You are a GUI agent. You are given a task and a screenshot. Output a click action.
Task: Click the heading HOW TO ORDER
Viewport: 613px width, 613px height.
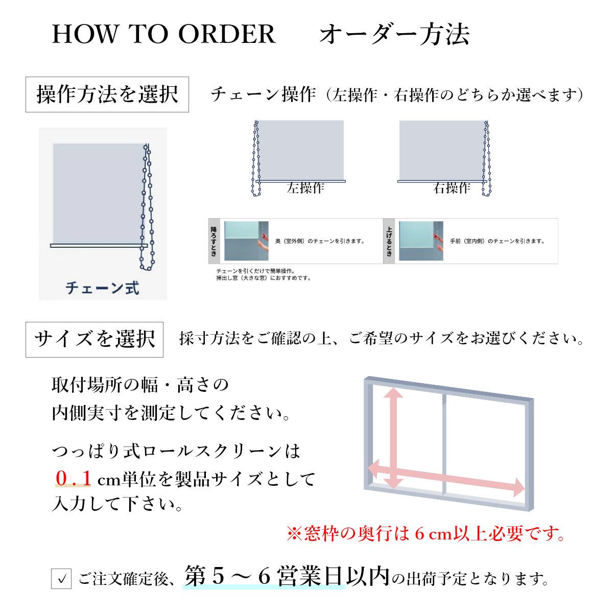[x=163, y=34]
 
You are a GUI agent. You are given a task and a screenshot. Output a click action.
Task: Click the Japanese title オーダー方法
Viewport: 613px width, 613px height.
[x=394, y=34]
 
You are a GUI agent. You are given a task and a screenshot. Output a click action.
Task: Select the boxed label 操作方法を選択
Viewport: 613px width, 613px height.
[x=107, y=95]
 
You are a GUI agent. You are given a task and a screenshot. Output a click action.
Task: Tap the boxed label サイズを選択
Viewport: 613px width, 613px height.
[x=95, y=339]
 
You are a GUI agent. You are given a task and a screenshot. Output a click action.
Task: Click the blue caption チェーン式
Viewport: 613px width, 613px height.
[x=102, y=288]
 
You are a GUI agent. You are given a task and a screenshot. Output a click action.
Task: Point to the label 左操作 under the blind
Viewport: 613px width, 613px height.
[x=305, y=188]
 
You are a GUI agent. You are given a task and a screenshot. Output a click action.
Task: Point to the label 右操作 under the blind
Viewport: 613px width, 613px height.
[x=452, y=188]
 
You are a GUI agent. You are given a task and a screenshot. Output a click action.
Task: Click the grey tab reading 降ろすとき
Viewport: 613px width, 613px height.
[x=214, y=241]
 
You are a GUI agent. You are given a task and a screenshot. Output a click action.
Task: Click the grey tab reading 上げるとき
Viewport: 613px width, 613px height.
[x=389, y=241]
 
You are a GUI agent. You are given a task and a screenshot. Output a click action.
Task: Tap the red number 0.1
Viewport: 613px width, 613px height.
[x=74, y=479]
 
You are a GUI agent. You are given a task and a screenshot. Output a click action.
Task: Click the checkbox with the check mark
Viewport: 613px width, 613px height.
[x=61, y=579]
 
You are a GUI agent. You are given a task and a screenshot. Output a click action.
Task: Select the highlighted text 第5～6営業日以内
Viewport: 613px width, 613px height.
[x=287, y=577]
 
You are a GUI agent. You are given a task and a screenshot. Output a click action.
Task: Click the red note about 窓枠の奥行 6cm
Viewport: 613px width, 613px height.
[x=426, y=534]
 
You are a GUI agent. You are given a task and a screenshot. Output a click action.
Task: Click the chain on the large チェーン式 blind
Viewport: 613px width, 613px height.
[x=147, y=204]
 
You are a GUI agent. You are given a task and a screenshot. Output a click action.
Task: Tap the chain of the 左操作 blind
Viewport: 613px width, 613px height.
[x=256, y=158]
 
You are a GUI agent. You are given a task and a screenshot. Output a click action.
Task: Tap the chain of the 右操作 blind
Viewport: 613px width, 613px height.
[x=487, y=158]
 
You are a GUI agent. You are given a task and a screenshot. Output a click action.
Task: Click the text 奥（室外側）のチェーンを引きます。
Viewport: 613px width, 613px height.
[x=320, y=241]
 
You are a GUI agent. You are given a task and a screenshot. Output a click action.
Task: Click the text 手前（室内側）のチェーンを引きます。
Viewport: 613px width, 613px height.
[x=497, y=241]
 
